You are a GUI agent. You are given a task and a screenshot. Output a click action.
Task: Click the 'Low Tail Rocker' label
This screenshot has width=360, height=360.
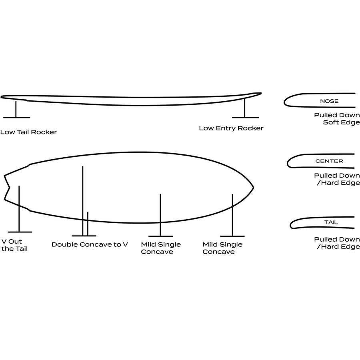click(x=28, y=132)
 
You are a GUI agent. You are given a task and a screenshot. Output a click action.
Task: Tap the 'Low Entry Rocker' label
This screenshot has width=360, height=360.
click(x=231, y=128)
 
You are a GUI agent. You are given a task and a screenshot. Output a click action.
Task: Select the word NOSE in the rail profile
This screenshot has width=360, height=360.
click(x=329, y=101)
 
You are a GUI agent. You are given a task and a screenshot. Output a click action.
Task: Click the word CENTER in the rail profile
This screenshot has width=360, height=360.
click(x=329, y=161)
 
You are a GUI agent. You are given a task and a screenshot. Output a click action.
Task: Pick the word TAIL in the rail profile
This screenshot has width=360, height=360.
click(x=331, y=222)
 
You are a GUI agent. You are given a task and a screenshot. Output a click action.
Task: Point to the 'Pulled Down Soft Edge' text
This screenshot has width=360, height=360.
click(x=337, y=119)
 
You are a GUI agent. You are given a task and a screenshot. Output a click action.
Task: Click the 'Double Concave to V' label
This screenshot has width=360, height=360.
click(x=90, y=244)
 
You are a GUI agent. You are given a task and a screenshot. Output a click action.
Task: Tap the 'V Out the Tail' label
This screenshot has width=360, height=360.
click(x=14, y=245)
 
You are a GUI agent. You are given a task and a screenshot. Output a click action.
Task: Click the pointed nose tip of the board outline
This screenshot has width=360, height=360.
click(x=253, y=188)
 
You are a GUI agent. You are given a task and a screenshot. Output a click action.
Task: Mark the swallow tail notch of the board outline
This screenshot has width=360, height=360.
click(x=9, y=188)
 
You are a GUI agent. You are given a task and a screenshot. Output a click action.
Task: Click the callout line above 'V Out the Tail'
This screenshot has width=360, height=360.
click(x=19, y=209)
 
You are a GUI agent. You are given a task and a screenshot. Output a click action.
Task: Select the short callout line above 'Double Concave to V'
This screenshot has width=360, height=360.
click(x=88, y=224)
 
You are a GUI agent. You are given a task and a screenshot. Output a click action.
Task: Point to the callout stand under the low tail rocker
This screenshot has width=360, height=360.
click(x=16, y=109)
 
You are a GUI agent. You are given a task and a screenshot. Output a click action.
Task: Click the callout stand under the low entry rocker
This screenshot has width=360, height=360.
click(x=245, y=108)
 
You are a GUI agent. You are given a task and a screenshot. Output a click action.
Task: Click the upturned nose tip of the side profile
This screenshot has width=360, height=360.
click(x=261, y=93)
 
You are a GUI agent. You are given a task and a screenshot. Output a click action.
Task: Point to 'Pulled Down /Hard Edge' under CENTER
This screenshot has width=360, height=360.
click(x=337, y=179)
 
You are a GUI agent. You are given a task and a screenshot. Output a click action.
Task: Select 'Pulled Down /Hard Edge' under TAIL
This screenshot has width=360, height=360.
click(x=337, y=243)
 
